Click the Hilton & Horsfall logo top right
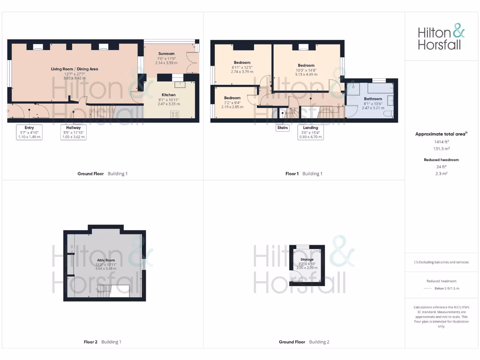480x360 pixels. [x=441, y=38]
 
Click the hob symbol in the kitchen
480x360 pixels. [x=174, y=114]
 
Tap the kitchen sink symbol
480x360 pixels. [x=180, y=85]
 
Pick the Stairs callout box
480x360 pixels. [x=282, y=127]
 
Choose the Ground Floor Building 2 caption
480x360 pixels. [x=304, y=342]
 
